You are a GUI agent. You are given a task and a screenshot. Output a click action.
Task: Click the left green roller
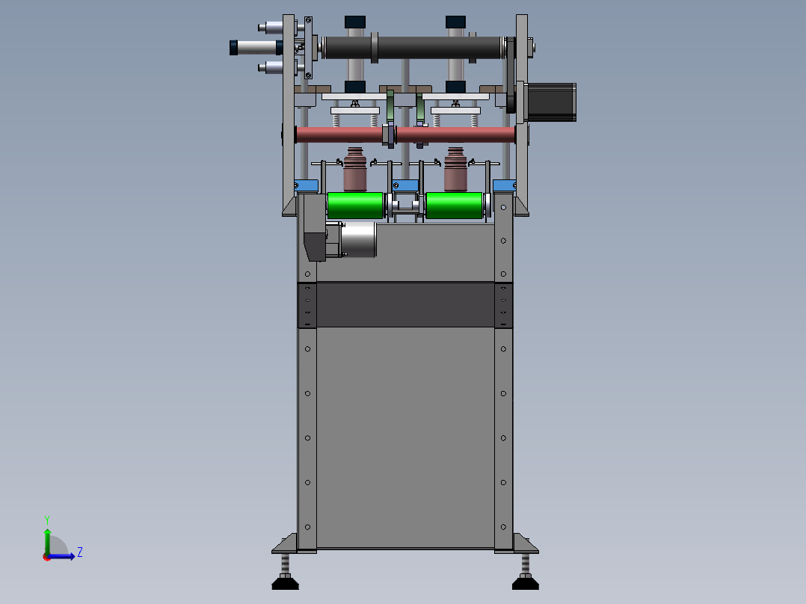coord(355,206)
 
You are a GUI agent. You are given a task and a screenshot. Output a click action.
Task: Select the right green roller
coord(454,206)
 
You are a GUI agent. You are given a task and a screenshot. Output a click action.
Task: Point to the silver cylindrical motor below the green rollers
coord(359,240)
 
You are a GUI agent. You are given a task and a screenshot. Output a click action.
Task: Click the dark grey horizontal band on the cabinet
coord(404,304)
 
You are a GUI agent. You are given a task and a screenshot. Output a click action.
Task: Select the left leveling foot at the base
coord(285,577)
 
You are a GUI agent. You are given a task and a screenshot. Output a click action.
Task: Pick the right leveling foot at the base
coord(525,577)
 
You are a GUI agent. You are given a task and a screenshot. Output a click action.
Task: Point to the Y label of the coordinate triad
coord(47,519)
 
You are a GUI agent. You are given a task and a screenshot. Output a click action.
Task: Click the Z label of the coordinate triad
coord(79,552)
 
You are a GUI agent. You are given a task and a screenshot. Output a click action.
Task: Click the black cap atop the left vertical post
coord(355,21)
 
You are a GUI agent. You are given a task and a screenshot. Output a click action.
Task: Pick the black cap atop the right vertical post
coord(456,21)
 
